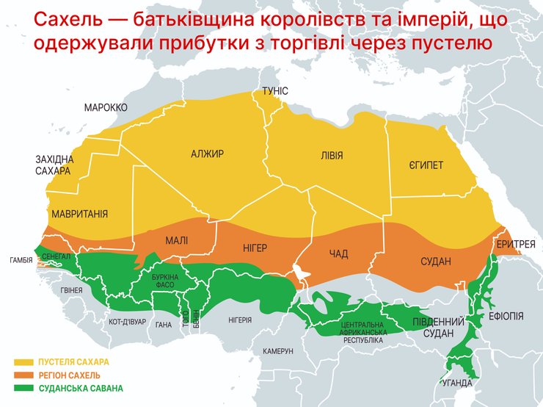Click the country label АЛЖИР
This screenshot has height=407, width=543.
point(207,154)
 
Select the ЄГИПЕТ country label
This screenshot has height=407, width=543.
point(426,165)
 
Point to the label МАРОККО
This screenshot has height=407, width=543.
point(106,107)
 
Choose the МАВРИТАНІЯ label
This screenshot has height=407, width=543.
point(80,215)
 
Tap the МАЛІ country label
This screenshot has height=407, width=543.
point(176,240)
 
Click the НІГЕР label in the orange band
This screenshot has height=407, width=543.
point(255,248)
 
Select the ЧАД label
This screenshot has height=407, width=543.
point(338,254)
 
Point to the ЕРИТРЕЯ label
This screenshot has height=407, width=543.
point(515,244)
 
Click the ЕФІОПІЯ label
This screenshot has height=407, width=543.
point(506,316)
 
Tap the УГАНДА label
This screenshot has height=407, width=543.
point(457,383)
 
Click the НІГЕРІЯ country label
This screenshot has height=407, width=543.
point(240,320)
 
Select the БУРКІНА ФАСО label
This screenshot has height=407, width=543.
point(164,281)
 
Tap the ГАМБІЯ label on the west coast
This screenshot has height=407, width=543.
point(20,260)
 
